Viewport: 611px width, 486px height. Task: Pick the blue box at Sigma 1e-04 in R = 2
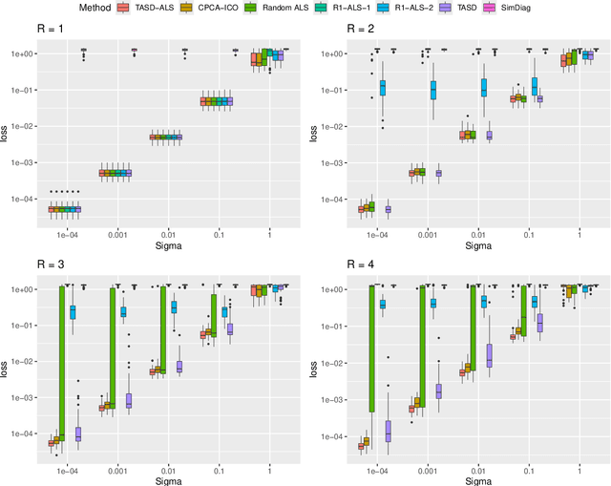click(x=382, y=88)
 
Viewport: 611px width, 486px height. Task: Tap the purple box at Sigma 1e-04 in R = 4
click(x=389, y=431)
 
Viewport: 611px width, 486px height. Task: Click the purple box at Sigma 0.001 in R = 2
click(x=439, y=173)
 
